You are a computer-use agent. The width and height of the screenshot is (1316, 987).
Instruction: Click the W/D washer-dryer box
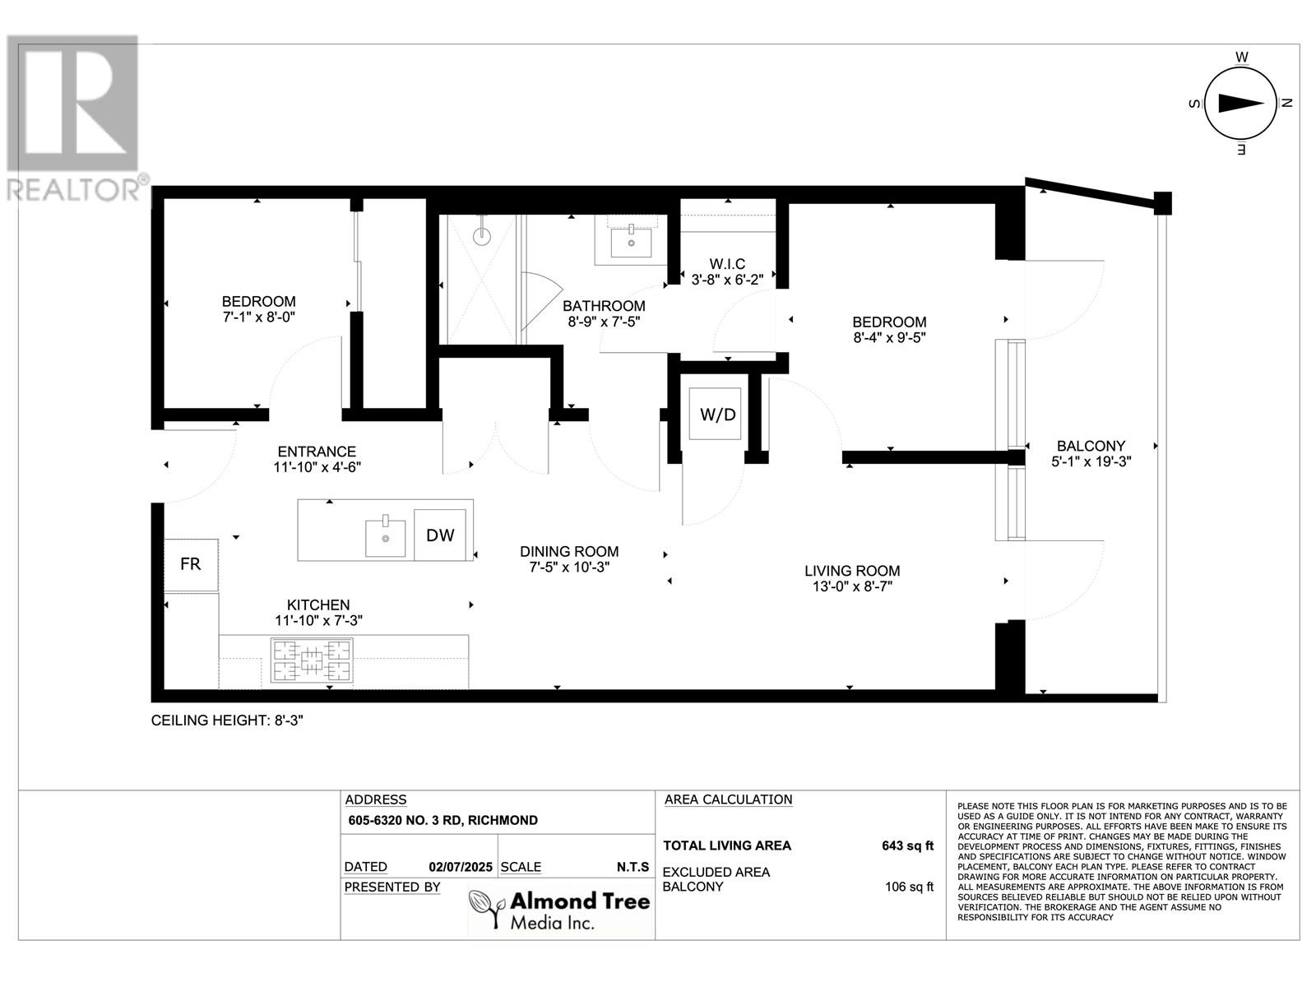click(x=715, y=414)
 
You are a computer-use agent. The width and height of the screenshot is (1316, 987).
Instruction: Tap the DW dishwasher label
click(x=440, y=535)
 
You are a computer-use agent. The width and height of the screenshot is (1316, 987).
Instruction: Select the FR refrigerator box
click(x=191, y=565)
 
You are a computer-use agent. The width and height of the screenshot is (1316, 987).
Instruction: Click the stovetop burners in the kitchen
click(x=312, y=660)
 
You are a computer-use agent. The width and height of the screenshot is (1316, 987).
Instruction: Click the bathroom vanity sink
click(x=631, y=241)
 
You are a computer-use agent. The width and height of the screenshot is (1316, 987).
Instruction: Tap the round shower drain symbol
click(x=481, y=236)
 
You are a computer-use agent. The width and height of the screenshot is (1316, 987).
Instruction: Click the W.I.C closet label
click(x=727, y=264)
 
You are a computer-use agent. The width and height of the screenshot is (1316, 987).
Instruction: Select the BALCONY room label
click(x=1091, y=446)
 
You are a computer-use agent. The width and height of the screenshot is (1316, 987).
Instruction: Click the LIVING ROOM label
click(x=852, y=571)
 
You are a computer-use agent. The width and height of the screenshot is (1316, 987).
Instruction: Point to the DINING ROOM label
click(x=569, y=551)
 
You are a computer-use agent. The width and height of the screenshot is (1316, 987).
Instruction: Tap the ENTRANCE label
click(x=317, y=452)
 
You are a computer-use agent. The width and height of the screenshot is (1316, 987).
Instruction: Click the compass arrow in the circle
click(x=1240, y=104)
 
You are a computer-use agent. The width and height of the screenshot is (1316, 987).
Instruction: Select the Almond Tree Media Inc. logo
click(x=560, y=909)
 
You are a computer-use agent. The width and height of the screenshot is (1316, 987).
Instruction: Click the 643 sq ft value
click(x=908, y=846)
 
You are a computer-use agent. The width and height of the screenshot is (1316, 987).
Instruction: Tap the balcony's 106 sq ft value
click(x=909, y=887)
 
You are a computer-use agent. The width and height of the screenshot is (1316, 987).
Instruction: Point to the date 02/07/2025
click(x=461, y=867)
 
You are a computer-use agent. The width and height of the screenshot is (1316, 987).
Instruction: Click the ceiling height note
click(x=227, y=721)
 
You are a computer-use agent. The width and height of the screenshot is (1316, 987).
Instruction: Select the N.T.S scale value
click(x=633, y=867)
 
